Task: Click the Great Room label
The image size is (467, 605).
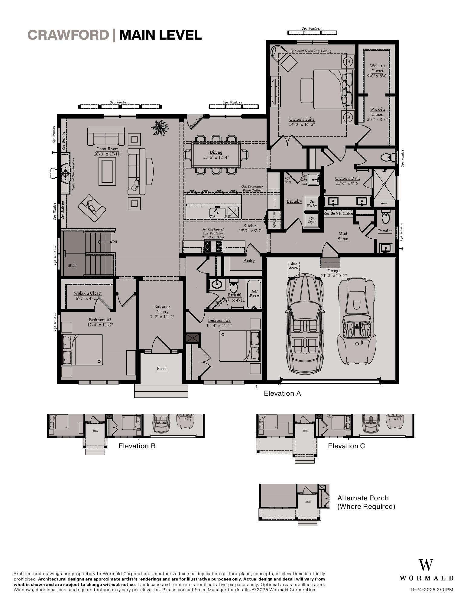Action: (x=107, y=149)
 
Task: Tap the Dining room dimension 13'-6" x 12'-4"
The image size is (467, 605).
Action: (x=216, y=157)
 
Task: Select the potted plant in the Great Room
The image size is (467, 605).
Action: (x=160, y=127)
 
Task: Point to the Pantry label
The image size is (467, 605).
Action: (x=249, y=260)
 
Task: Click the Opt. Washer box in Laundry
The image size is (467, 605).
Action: (x=312, y=203)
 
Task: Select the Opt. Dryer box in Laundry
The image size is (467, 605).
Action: (x=312, y=220)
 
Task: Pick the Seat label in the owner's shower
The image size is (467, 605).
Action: (x=384, y=203)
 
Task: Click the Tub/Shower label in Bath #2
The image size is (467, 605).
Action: (x=254, y=294)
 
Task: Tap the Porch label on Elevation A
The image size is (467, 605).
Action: (x=162, y=368)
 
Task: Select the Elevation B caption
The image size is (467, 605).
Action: (x=137, y=446)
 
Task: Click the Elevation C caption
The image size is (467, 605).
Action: (x=346, y=446)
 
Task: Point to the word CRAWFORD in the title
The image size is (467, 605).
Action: (x=68, y=35)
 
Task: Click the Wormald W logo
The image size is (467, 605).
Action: (x=426, y=565)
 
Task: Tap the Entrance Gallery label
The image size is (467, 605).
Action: (x=162, y=309)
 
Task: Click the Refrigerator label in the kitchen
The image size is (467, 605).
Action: (x=274, y=220)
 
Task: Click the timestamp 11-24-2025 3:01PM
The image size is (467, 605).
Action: (x=431, y=590)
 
